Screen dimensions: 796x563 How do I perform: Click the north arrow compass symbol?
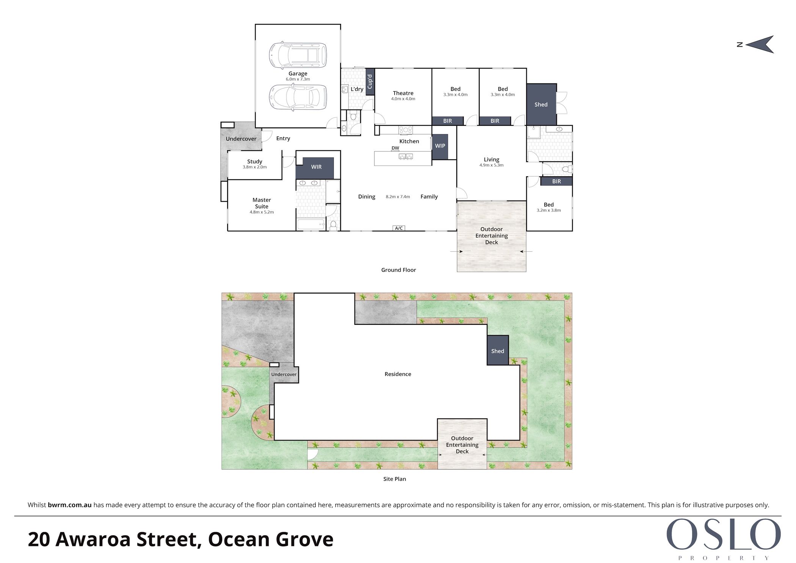click(760, 44)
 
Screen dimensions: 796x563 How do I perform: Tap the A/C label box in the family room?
click(399, 228)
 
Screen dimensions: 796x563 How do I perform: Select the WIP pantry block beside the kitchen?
click(440, 146)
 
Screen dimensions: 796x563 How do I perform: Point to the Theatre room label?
click(403, 93)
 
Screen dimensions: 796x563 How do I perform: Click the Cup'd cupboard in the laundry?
click(370, 82)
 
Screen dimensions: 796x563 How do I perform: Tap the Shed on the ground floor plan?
click(541, 105)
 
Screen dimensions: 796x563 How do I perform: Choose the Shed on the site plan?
click(498, 351)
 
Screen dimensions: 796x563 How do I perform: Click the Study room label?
click(255, 162)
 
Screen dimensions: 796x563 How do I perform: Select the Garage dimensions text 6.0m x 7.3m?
click(298, 79)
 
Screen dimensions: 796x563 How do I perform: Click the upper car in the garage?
click(298, 55)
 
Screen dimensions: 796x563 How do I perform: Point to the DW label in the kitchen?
click(395, 148)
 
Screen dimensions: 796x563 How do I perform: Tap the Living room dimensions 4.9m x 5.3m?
click(492, 165)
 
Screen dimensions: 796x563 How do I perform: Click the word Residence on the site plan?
click(398, 374)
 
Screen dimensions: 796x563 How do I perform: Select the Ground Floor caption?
click(398, 270)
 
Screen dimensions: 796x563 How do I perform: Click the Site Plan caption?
click(395, 479)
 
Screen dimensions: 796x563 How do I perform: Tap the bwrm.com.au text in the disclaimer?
click(70, 505)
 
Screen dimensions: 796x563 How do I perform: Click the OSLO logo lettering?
click(724, 535)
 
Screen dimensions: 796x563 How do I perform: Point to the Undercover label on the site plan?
click(284, 375)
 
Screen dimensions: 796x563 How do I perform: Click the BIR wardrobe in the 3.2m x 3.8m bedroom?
click(556, 182)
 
